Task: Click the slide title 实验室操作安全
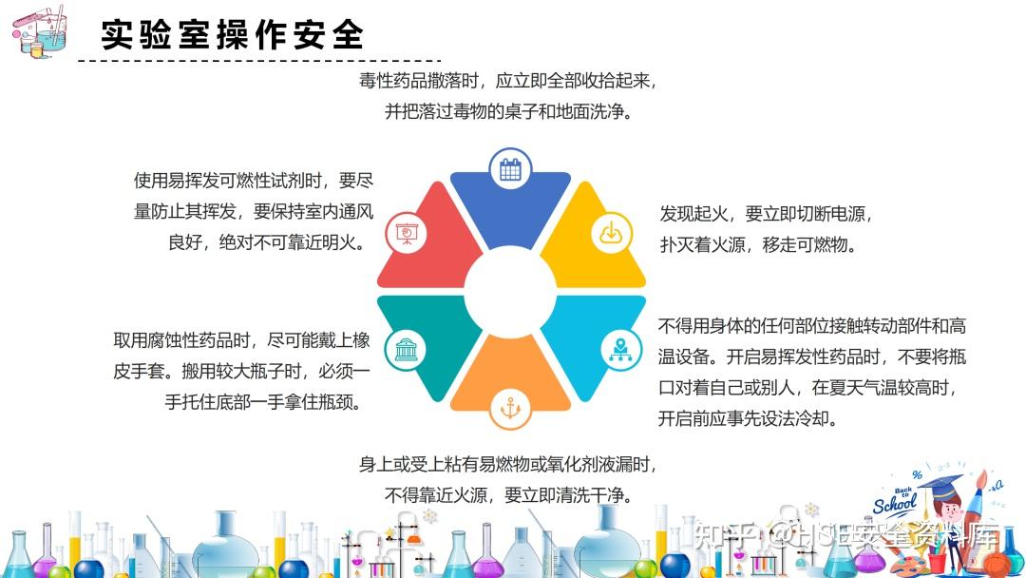click(233, 34)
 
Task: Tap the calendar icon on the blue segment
click(510, 169)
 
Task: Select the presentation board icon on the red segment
click(407, 233)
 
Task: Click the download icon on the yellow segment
click(611, 233)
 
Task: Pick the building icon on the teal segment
click(407, 350)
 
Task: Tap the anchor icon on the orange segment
click(510, 409)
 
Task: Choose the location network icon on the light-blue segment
click(620, 350)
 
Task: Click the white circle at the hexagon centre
click(510, 292)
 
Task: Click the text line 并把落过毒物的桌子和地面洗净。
click(509, 112)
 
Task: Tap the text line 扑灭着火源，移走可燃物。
click(758, 245)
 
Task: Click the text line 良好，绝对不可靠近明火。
click(267, 242)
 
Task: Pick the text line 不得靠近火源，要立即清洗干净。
click(509, 495)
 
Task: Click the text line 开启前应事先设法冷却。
click(748, 419)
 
